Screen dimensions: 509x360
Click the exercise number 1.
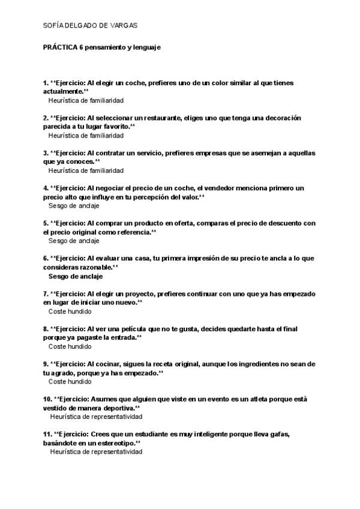(x=46, y=83)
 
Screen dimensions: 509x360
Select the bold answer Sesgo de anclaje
(x=75, y=277)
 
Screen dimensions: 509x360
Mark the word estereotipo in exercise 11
(x=113, y=442)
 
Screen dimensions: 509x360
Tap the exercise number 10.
(x=47, y=399)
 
